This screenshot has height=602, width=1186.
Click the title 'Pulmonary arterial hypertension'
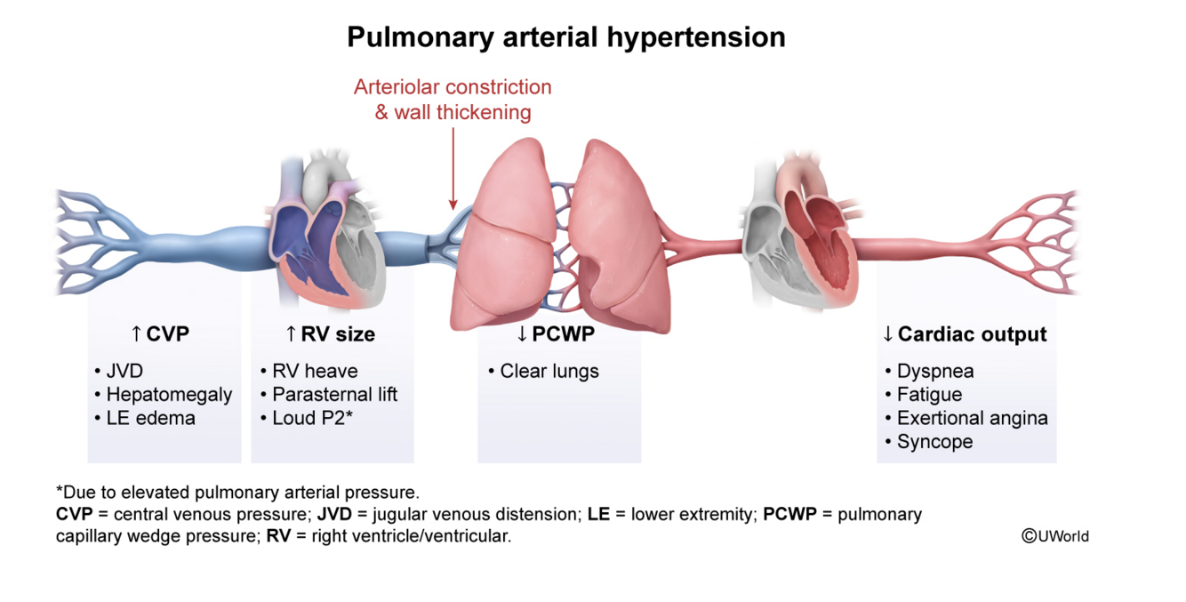(x=565, y=37)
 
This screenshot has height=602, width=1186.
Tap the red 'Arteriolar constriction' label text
(x=453, y=87)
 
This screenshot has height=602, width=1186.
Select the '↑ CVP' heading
(x=160, y=334)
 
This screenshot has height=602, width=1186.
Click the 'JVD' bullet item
(x=125, y=371)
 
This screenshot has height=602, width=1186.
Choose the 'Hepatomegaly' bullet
(x=168, y=394)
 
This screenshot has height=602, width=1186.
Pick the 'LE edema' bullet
(x=149, y=418)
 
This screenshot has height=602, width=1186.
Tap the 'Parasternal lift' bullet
(x=333, y=394)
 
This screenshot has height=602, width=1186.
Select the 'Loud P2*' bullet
(x=312, y=418)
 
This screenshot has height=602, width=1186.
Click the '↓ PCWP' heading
(x=556, y=334)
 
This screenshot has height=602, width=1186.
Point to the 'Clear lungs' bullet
(x=549, y=371)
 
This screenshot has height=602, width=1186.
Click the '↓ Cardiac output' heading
(x=965, y=334)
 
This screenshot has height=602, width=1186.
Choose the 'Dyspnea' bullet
(x=934, y=371)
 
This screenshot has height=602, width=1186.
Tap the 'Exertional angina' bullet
(x=972, y=418)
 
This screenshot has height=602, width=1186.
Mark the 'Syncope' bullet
(x=934, y=442)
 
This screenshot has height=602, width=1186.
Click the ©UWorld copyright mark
(x=1055, y=535)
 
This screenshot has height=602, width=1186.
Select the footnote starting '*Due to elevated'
(x=237, y=492)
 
